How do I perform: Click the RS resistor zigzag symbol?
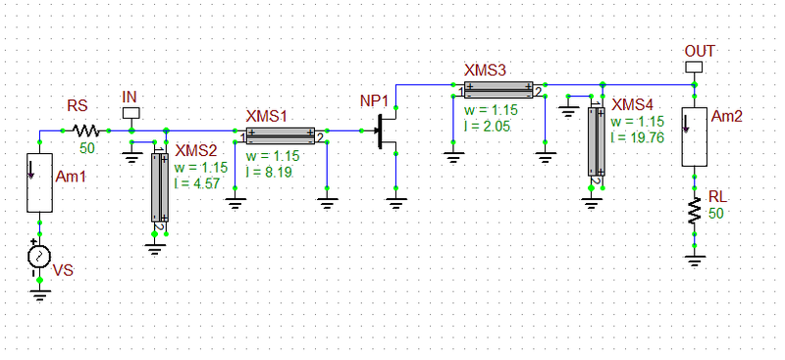[x=83, y=129]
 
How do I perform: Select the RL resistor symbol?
[x=695, y=211]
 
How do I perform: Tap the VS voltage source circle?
[x=39, y=257]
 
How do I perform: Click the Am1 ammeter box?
[x=39, y=182]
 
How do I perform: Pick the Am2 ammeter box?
[x=695, y=137]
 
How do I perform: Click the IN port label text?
[x=130, y=96]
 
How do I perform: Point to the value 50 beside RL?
[x=716, y=213]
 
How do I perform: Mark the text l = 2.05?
[x=489, y=128]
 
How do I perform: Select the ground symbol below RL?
[x=695, y=261]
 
